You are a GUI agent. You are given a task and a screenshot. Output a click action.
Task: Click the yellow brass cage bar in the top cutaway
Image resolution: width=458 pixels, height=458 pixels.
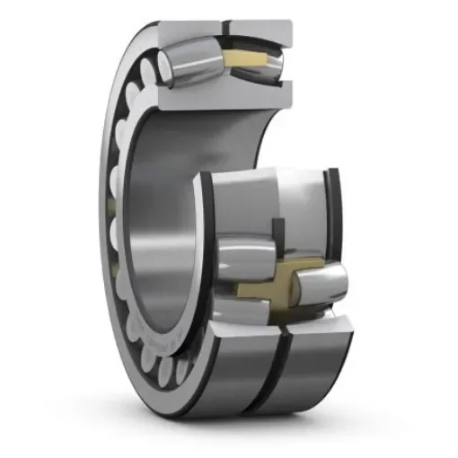[x=247, y=61]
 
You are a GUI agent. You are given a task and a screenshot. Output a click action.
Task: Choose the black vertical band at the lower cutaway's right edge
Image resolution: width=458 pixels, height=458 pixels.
[x=335, y=216]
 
